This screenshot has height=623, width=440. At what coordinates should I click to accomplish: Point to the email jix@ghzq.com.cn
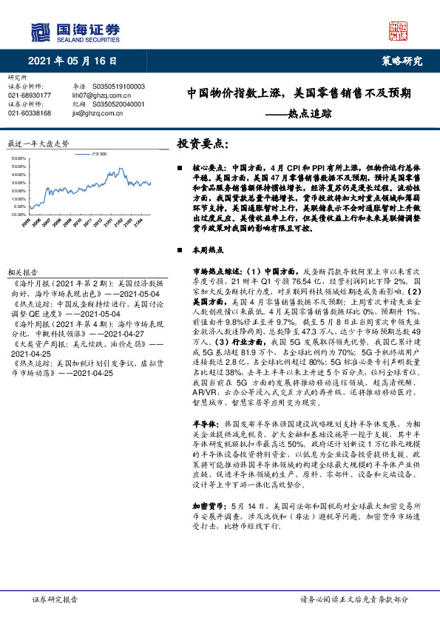pyautogui.click(x=93, y=113)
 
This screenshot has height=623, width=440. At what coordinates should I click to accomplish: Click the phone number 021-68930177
pyautogui.click(x=30, y=95)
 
